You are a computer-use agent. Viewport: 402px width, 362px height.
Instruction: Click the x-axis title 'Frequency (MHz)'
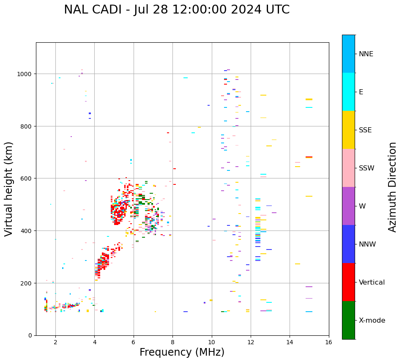click(182, 352)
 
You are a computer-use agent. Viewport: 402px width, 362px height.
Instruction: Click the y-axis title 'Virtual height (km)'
click(9, 189)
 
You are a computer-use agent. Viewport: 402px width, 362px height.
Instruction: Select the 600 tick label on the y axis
click(26, 178)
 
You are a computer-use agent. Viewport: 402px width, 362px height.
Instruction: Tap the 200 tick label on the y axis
click(26, 283)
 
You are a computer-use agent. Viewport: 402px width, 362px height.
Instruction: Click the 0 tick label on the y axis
click(30, 335)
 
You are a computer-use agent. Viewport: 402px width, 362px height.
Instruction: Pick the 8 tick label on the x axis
click(172, 343)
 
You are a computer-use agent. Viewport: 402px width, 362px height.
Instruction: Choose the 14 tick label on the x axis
click(290, 343)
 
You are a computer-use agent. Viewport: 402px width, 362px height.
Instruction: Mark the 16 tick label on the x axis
click(328, 343)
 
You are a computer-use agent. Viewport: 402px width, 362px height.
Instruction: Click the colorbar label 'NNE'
click(366, 54)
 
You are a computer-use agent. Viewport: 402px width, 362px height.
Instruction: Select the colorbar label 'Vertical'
click(372, 282)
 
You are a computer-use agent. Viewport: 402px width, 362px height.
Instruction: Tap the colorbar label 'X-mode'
click(372, 321)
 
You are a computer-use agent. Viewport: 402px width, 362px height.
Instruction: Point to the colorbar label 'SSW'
click(366, 168)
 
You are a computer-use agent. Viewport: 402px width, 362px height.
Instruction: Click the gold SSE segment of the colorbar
click(348, 130)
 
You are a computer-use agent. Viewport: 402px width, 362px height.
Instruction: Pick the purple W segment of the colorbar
click(348, 206)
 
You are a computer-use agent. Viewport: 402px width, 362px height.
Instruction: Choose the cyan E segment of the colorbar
click(348, 92)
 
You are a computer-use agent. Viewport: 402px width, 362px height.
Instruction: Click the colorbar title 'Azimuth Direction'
click(393, 187)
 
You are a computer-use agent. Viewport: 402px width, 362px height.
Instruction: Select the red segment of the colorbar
click(348, 282)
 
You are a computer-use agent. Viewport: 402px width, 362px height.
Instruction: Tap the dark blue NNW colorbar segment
click(348, 244)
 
